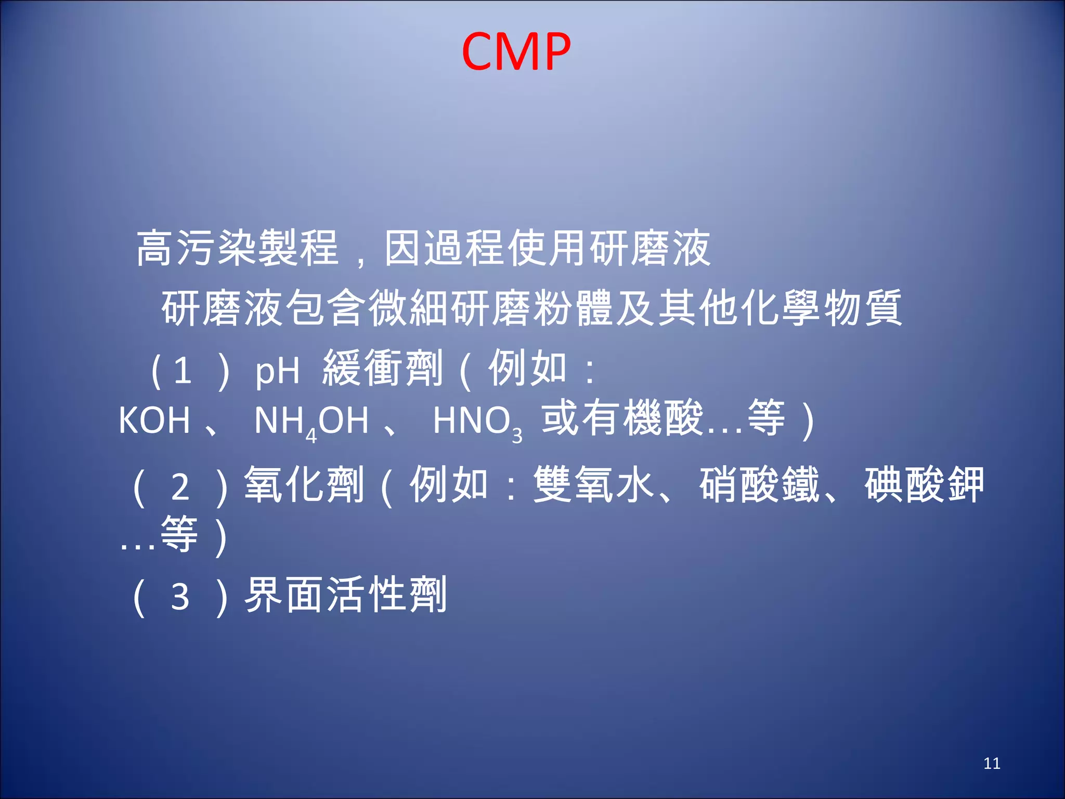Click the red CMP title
[516, 51]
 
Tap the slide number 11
[992, 763]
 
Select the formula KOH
[154, 420]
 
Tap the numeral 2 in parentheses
[180, 488]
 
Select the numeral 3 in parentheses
[180, 597]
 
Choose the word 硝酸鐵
[759, 485]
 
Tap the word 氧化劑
[304, 485]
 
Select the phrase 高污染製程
[237, 248]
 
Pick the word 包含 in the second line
[327, 308]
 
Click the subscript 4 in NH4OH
[311, 435]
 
